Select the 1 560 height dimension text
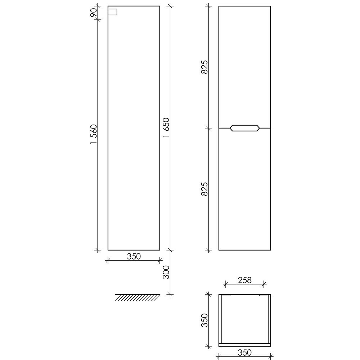94,134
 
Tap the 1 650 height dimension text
166,128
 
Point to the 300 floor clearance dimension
166,272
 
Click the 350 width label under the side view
134,256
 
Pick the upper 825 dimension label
204,67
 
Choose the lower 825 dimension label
204,189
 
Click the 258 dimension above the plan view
245,280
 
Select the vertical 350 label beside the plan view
204,320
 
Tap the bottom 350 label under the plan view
245,352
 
